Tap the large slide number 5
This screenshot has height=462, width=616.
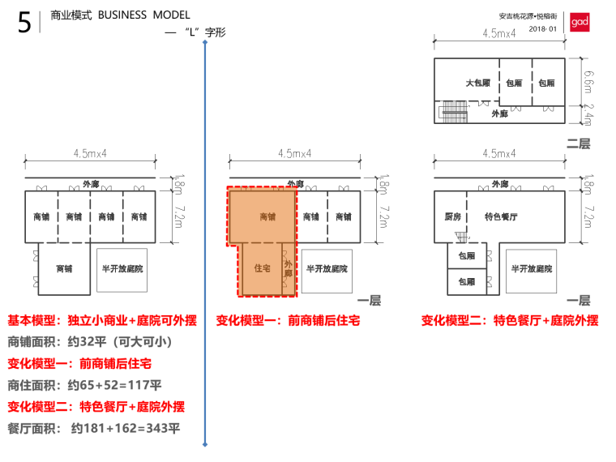pos(24,23)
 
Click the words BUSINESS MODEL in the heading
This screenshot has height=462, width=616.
pos(143,15)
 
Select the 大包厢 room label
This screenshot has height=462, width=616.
pos(477,83)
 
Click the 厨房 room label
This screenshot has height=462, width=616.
pos(453,217)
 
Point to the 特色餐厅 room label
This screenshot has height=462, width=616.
pos(501,217)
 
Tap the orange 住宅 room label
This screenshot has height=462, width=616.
pos(262,267)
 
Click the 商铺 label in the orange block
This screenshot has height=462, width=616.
pos(267,217)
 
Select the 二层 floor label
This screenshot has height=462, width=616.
pos(578,143)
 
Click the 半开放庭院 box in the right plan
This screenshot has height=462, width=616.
pos(532,269)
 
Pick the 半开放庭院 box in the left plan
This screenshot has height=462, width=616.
pos(122,268)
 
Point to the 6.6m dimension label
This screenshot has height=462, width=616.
pos(589,80)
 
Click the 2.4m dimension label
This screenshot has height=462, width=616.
pos(589,114)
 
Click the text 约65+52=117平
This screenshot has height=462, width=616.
pos(114,385)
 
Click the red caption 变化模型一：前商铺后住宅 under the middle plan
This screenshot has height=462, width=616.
pos(289,321)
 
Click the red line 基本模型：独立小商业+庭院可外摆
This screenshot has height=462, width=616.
pos(102,320)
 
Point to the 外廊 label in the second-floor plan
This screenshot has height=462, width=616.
pos(500,114)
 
